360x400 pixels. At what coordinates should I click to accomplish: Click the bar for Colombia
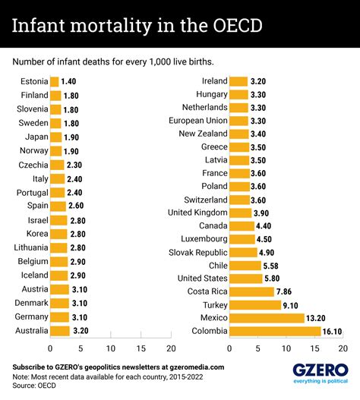click(274, 331)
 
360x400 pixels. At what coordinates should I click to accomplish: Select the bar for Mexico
click(266, 317)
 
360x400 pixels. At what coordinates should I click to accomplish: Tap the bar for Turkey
click(254, 304)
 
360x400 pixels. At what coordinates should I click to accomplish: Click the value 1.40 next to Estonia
click(69, 82)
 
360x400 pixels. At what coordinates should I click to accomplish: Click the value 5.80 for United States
click(274, 278)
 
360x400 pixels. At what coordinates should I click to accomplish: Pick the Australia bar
click(59, 331)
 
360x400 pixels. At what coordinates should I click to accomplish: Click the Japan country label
click(36, 137)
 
